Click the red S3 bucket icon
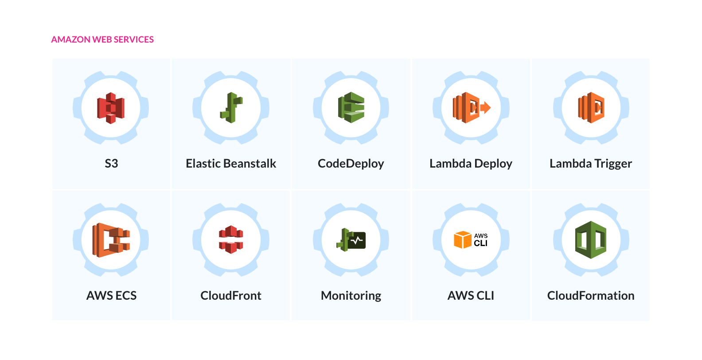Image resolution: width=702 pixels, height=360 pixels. pyautogui.click(x=111, y=108)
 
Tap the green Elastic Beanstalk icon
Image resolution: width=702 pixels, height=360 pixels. pyautogui.click(x=231, y=108)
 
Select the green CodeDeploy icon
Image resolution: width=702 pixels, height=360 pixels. pyautogui.click(x=351, y=107)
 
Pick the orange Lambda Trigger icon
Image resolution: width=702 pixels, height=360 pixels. pyautogui.click(x=591, y=108)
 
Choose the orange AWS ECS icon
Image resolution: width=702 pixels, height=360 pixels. pyautogui.click(x=111, y=240)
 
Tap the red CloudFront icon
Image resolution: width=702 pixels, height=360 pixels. pyautogui.click(x=231, y=239)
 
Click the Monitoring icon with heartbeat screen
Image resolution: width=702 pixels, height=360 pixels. pyautogui.click(x=351, y=240)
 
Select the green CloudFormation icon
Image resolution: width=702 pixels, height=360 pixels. pyautogui.click(x=591, y=240)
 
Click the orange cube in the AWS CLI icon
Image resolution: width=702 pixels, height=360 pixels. pyautogui.click(x=463, y=239)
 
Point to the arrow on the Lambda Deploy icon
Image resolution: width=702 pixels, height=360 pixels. pyautogui.click(x=485, y=108)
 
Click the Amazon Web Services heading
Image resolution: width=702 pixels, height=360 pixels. pyautogui.click(x=102, y=39)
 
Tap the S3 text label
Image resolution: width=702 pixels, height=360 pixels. pyautogui.click(x=111, y=164)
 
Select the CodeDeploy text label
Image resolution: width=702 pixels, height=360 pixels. pyautogui.click(x=351, y=164)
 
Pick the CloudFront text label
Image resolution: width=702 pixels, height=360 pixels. pyautogui.click(x=231, y=296)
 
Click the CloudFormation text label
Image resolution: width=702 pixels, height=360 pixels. pyautogui.click(x=591, y=296)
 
